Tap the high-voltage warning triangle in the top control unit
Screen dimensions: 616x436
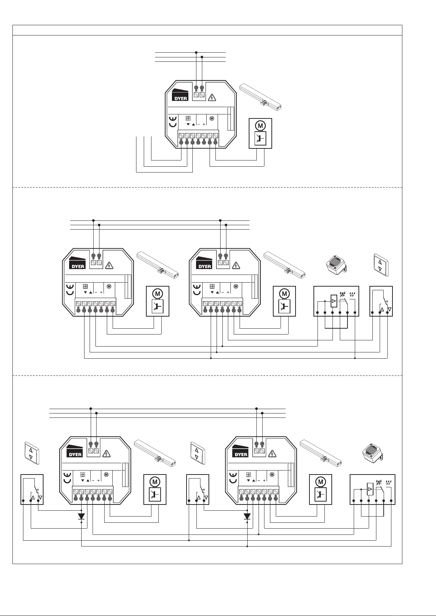click(212, 97)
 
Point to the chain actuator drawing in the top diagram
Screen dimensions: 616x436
click(262, 97)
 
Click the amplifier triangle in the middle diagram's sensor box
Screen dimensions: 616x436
click(333, 301)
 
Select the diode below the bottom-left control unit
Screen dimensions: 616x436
click(81, 516)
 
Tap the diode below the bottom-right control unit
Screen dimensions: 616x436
click(247, 516)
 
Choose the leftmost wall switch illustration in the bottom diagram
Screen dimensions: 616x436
click(31, 453)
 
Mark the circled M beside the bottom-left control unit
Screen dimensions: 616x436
click(155, 482)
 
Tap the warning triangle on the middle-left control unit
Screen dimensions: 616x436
click(109, 265)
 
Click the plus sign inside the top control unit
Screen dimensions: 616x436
click(204, 124)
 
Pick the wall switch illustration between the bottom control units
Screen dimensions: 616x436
click(197, 453)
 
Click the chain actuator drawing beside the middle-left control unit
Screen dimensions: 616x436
click(158, 265)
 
